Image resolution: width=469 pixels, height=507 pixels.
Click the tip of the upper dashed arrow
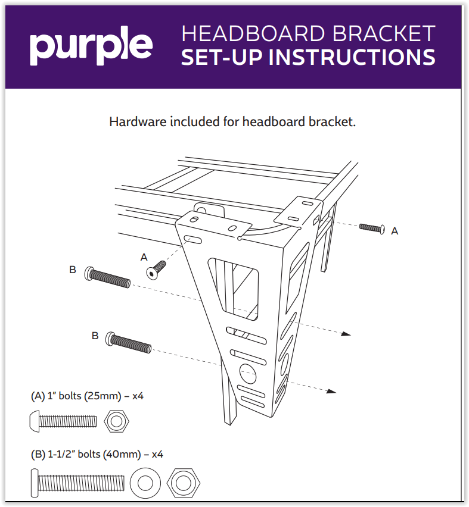pos(351,335)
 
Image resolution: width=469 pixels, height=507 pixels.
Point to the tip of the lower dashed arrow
pos(336,392)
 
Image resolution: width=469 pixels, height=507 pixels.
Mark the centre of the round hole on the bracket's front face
pos(248,374)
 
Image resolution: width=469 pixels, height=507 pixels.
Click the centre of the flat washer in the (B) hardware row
pos(145,483)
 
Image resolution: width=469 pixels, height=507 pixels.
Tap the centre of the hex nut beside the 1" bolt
pos(117,421)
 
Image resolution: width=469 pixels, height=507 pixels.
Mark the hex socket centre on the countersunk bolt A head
pos(151,273)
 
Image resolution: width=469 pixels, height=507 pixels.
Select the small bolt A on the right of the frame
pos(372,228)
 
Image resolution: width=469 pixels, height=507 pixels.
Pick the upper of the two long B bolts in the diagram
pos(107,277)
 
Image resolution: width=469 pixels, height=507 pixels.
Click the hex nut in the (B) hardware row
pos(184,483)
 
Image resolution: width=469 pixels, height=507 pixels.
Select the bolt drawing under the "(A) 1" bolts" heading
pos(64,421)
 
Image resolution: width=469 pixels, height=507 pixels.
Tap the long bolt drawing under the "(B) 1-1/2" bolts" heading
pos(77,483)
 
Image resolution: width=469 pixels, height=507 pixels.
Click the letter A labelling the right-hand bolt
pos(395,231)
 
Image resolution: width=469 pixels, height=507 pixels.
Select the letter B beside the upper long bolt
pos(73,270)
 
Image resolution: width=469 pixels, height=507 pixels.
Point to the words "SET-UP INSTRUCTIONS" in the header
pos(308,57)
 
